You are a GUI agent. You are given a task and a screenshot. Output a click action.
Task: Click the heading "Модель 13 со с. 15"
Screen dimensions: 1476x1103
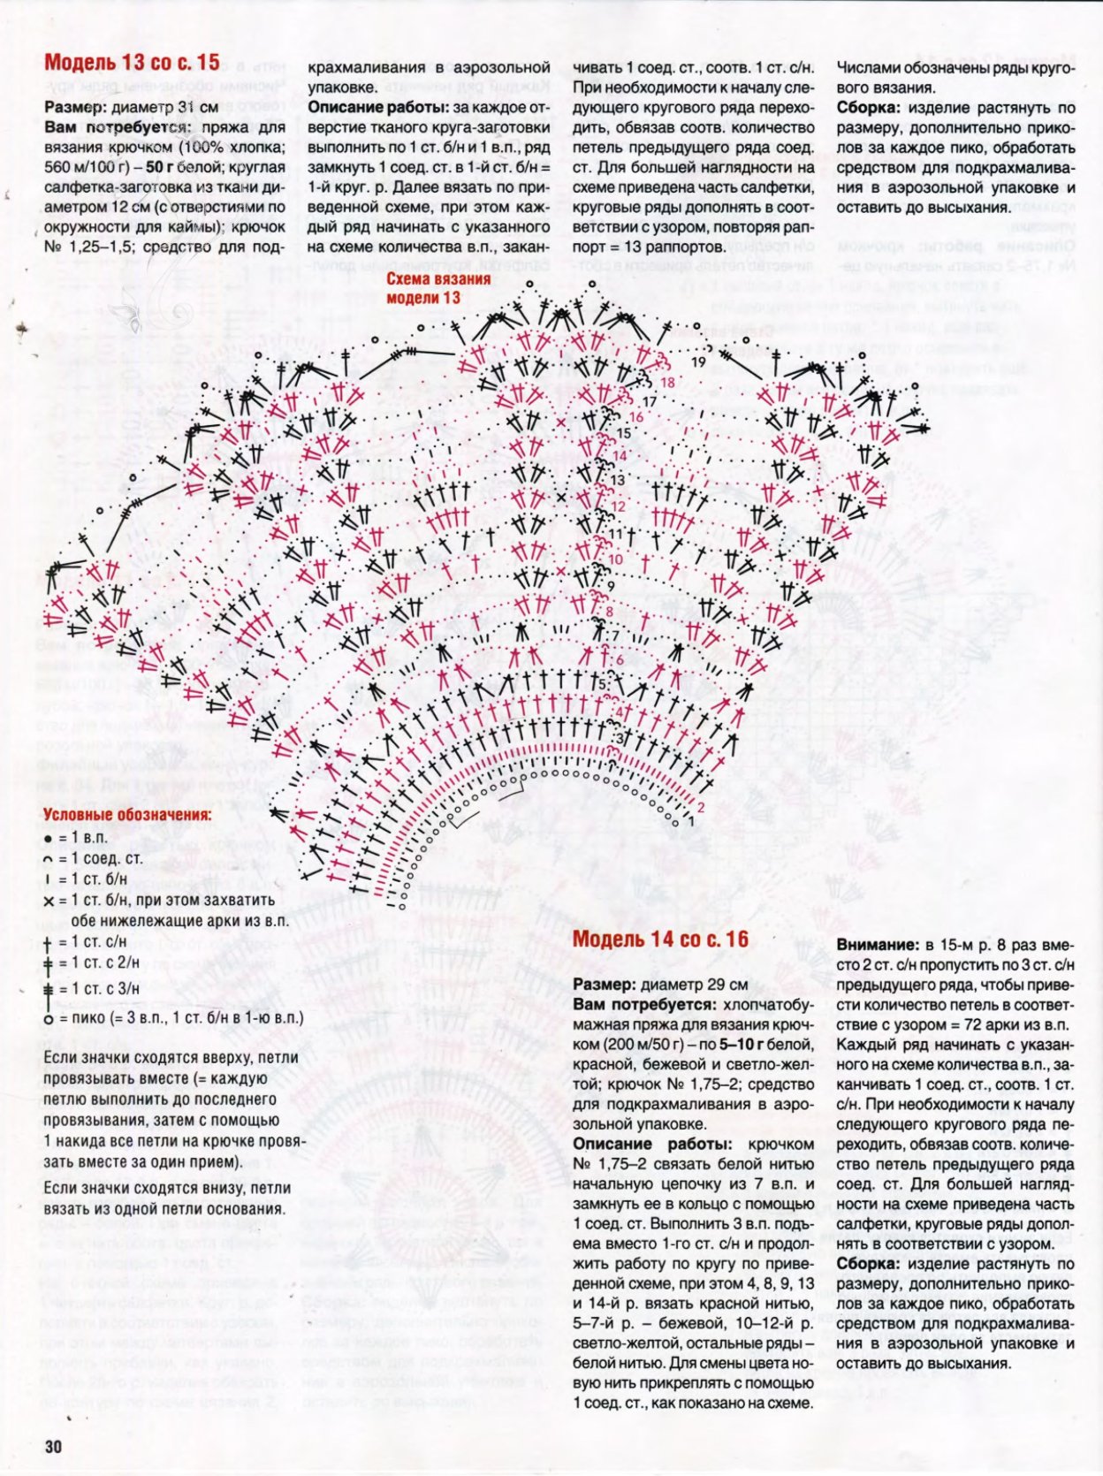(x=132, y=62)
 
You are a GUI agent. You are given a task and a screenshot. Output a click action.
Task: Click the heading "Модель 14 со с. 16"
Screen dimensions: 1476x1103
(x=659, y=939)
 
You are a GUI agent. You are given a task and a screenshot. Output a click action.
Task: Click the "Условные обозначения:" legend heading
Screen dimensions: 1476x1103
(x=127, y=815)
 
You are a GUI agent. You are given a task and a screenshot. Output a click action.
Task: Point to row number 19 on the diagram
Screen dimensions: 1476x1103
(x=698, y=362)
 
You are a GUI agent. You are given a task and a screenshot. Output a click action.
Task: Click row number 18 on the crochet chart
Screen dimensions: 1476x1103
(x=667, y=383)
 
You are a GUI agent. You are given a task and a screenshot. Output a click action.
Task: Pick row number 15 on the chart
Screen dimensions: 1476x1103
(x=624, y=434)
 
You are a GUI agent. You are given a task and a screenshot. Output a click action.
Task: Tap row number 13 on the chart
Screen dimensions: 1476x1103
(x=617, y=480)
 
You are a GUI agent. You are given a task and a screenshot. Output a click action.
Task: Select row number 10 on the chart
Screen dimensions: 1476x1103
(x=615, y=559)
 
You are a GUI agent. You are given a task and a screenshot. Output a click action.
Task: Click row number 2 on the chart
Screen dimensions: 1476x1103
(x=700, y=807)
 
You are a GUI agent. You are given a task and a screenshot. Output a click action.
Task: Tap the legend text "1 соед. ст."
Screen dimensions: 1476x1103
(x=102, y=858)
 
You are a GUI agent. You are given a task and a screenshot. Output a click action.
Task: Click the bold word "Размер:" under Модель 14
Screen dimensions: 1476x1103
(x=604, y=985)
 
